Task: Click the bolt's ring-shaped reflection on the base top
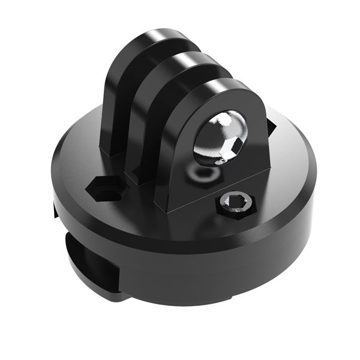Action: [x=203, y=173]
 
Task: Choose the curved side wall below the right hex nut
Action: [x=252, y=252]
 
